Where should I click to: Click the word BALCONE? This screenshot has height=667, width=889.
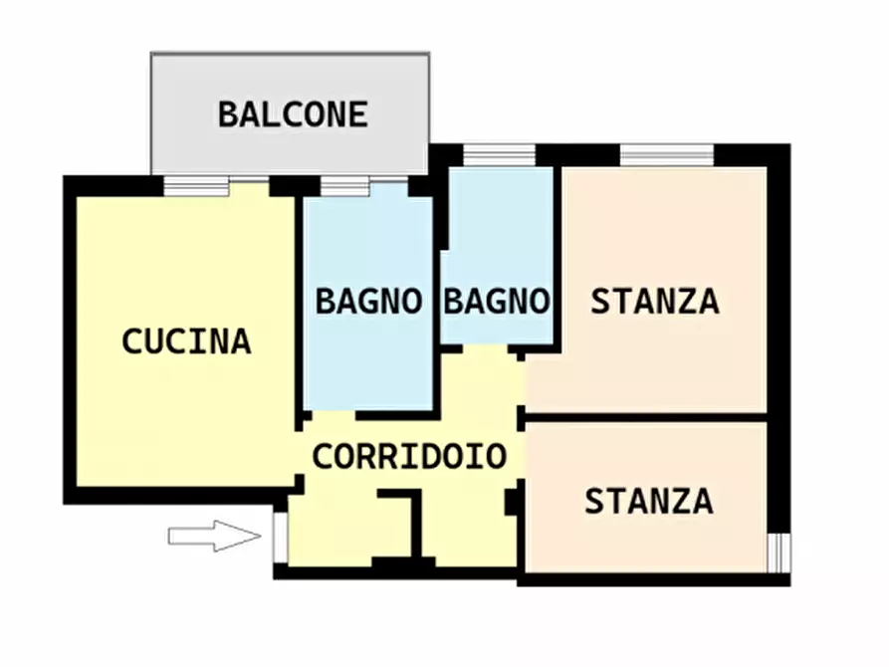pyautogui.click(x=293, y=114)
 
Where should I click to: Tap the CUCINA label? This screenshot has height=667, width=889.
pyautogui.click(x=186, y=341)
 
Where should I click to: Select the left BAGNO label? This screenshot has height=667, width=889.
pyautogui.click(x=368, y=301)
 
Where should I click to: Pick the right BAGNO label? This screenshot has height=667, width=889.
pyautogui.click(x=496, y=301)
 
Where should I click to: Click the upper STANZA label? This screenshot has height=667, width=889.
pyautogui.click(x=655, y=301)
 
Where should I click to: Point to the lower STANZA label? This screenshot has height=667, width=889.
pyautogui.click(x=648, y=501)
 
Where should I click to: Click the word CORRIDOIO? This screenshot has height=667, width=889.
pyautogui.click(x=409, y=457)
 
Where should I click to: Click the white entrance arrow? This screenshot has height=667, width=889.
pyautogui.click(x=214, y=537)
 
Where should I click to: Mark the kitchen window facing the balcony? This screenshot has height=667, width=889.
pyautogui.click(x=197, y=185)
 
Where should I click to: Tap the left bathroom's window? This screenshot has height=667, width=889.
pyautogui.click(x=345, y=186)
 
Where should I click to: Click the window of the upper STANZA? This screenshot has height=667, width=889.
pyautogui.click(x=667, y=155)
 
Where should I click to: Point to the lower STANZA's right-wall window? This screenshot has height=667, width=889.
pyautogui.click(x=778, y=553)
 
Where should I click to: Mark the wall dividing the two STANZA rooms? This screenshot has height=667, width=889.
pyautogui.click(x=647, y=416)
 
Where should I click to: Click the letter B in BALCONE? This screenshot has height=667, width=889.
pyautogui.click(x=228, y=114)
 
